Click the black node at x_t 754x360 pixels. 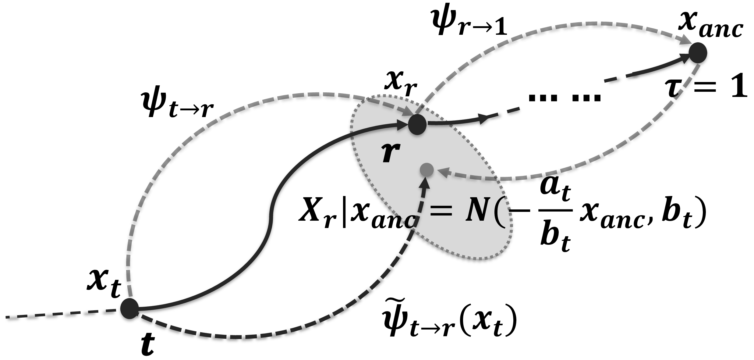tap(130, 309)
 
